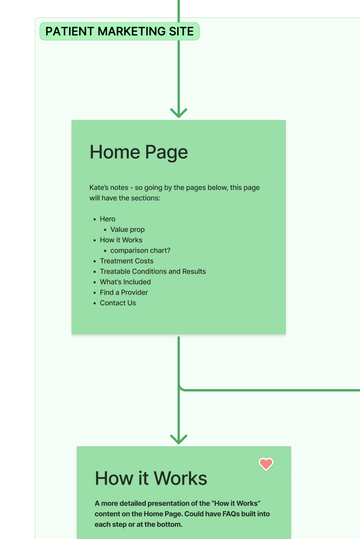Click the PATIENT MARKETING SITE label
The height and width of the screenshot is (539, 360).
pyautogui.click(x=119, y=31)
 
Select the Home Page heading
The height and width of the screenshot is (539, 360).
pyautogui.click(x=139, y=152)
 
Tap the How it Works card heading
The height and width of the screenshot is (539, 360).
pyautogui.click(x=151, y=478)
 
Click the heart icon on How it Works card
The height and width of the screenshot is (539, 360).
pyautogui.click(x=266, y=464)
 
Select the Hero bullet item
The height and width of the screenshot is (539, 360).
pyautogui.click(x=108, y=219)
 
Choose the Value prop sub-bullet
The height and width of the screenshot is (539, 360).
pyautogui.click(x=127, y=230)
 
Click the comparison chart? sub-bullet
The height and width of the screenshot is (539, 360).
pyautogui.click(x=140, y=251)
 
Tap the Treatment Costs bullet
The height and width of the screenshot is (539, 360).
pyautogui.click(x=126, y=261)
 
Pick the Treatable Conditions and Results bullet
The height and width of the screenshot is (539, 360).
pyautogui.click(x=152, y=272)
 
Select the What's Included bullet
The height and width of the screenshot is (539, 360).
pyautogui.click(x=125, y=282)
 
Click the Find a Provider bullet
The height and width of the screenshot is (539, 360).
pyautogui.click(x=124, y=293)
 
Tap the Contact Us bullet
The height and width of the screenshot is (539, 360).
pyautogui.click(x=118, y=303)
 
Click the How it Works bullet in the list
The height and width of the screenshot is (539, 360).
pyautogui.click(x=121, y=240)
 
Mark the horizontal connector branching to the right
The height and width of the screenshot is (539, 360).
pyautogui.click(x=272, y=390)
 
